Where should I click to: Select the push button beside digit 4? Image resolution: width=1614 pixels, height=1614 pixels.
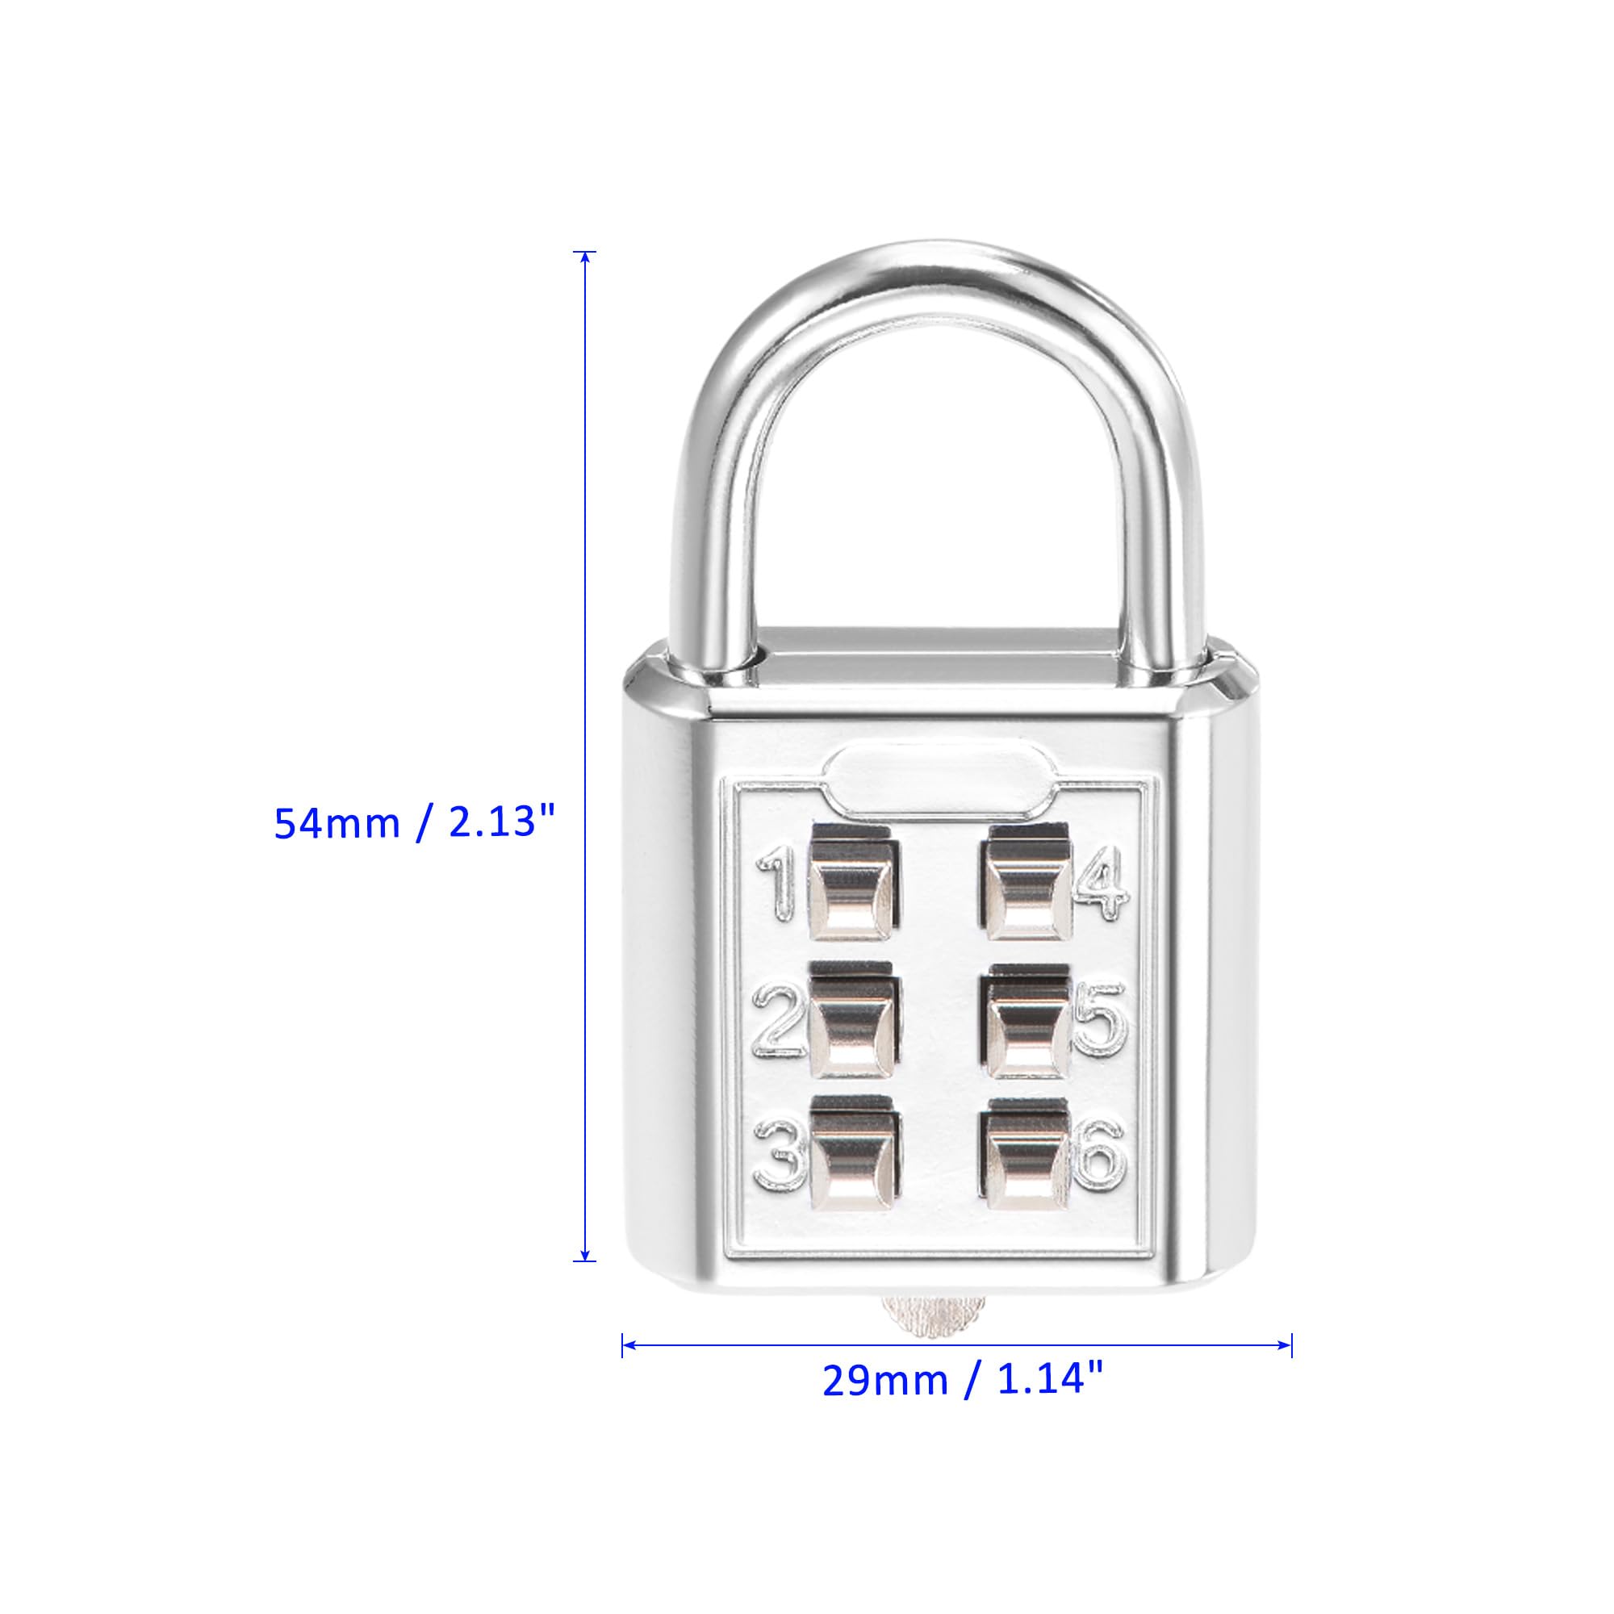coord(1028,889)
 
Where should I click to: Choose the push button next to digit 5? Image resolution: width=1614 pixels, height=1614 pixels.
coord(1028,1023)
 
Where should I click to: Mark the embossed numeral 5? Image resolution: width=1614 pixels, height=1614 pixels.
coord(1099,1023)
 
